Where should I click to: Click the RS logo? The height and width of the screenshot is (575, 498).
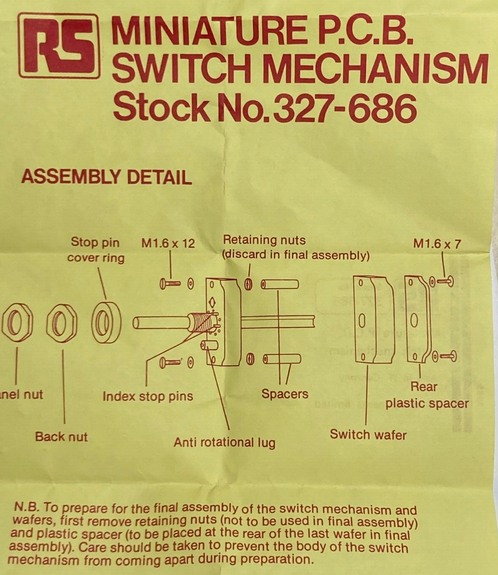point(59,46)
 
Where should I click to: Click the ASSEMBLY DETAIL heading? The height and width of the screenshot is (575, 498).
point(106,177)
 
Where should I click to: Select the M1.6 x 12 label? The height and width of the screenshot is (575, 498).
point(168,243)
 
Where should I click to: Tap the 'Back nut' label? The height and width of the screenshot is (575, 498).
point(61,437)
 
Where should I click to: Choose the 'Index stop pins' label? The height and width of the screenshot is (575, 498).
point(148,396)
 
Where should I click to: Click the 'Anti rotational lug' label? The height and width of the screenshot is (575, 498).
point(224,442)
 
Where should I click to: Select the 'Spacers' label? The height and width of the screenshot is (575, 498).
point(285,394)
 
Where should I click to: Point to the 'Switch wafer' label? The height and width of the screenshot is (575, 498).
point(368,435)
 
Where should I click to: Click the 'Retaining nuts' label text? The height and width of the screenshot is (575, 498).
point(264,240)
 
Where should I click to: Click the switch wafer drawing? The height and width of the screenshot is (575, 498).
point(373,319)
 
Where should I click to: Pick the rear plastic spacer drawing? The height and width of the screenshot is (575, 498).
point(416,318)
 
